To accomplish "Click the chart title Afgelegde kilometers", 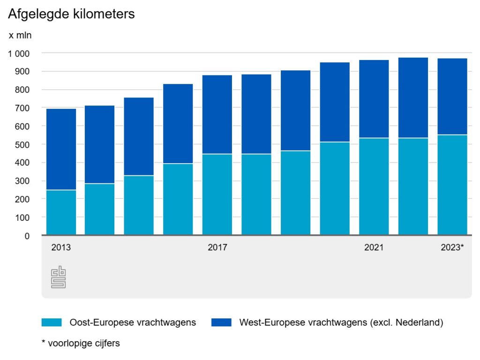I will (71, 14).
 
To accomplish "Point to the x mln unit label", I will (20, 35).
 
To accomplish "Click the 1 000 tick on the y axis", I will (19, 53).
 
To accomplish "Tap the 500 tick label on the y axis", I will (23, 145).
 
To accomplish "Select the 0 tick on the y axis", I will (27, 236).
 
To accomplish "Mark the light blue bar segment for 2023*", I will (452, 185).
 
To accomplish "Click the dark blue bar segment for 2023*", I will (452, 97).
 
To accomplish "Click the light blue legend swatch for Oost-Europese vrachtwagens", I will (52, 322).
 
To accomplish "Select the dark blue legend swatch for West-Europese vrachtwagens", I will (221, 322).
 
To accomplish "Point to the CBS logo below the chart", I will (58, 278).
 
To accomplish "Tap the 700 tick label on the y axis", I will (23, 108).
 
